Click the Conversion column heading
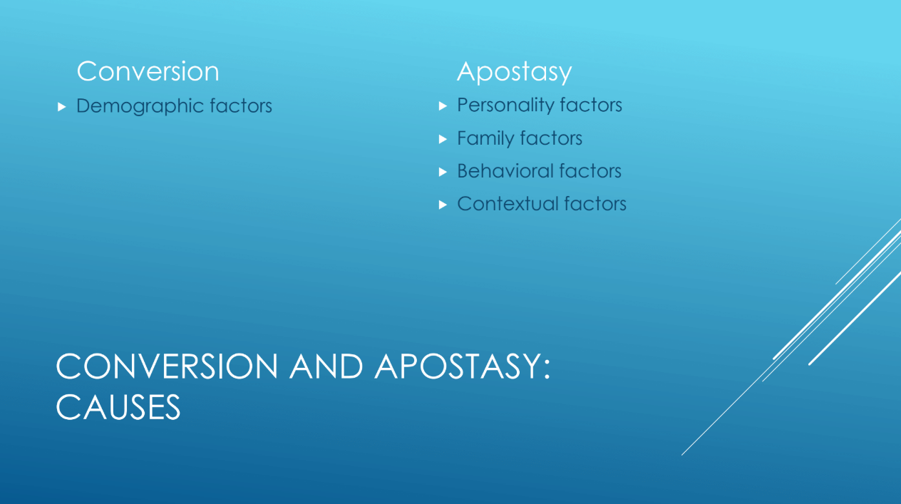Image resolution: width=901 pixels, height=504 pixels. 148,71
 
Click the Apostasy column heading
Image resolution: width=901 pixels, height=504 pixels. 515,73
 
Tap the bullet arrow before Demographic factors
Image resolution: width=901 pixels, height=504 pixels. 61,107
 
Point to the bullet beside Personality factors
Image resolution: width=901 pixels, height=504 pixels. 443,106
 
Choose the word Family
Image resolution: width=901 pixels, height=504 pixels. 486,138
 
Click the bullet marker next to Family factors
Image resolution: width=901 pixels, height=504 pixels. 443,139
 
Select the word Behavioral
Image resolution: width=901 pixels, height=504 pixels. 505,171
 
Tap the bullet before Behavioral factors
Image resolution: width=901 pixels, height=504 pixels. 443,172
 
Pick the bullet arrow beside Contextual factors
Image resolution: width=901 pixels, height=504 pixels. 443,205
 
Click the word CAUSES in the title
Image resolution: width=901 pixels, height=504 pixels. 118,407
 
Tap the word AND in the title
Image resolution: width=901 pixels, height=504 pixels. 326,366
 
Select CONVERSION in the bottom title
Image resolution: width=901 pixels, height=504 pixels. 167,366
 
